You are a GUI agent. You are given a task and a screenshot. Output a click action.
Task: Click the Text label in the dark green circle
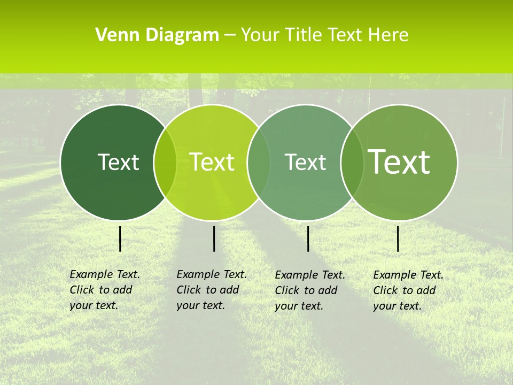118,162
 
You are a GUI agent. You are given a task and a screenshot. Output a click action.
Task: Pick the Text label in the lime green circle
212,162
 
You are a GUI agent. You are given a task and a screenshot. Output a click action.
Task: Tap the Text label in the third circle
305,162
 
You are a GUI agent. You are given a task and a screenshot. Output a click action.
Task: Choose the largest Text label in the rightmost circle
399,161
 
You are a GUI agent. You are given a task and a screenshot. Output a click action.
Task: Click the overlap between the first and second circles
165,163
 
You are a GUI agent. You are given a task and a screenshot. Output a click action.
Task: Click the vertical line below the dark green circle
120,238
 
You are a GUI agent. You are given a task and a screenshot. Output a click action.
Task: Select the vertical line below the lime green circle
214,238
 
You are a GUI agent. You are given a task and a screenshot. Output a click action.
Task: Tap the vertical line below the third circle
308,238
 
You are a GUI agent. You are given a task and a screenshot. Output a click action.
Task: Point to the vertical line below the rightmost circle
398,238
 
